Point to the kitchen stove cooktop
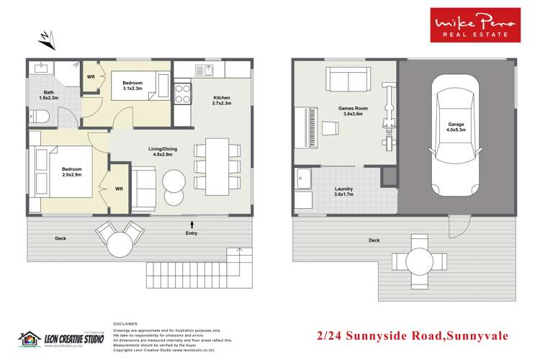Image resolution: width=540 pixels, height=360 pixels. pos(182,92)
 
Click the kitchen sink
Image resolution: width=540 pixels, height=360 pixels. pos(206,71)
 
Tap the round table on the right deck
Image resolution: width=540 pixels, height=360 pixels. pos(416,257)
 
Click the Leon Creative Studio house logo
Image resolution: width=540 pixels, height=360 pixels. pos(28,337)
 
